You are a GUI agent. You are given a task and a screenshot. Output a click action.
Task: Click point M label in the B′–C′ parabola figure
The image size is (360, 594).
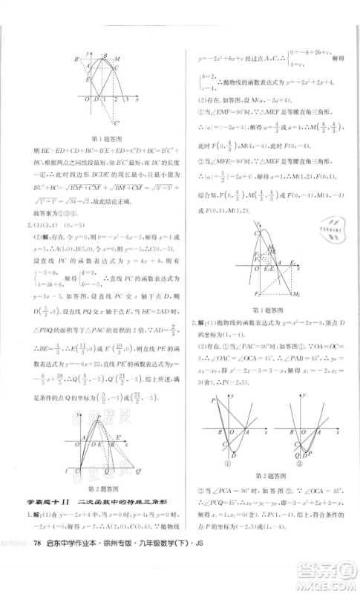click(x=119, y=58)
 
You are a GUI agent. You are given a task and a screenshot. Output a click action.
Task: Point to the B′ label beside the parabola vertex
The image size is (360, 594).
click(x=76, y=59)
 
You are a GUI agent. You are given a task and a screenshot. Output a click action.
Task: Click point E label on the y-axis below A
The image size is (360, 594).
click(x=87, y=79)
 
